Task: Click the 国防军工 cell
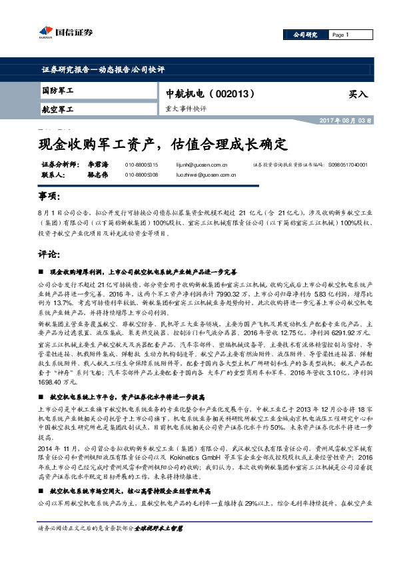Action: [58, 90]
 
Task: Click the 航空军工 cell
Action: [58, 108]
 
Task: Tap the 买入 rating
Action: [358, 95]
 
